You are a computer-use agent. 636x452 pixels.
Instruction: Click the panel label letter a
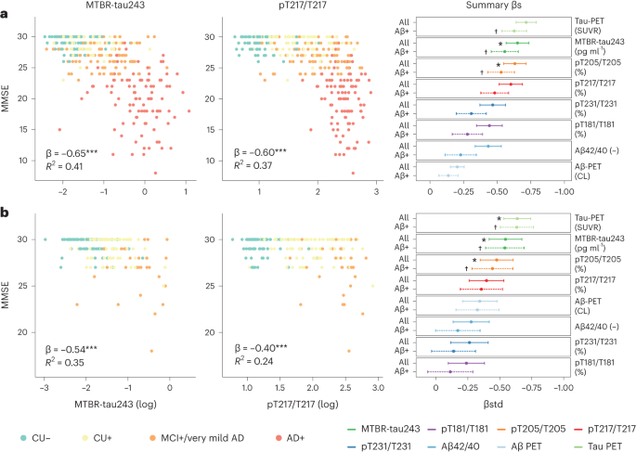tap(6, 7)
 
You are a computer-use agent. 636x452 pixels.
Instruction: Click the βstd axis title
tap(493, 399)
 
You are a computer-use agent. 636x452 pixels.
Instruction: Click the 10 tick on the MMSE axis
tap(30, 161)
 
